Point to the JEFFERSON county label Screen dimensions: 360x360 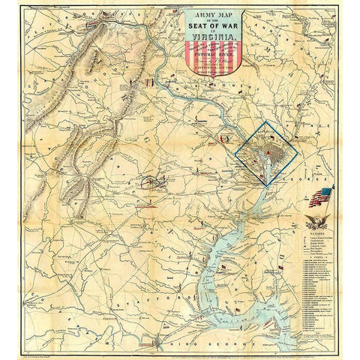(45, 30)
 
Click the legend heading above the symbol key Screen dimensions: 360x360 (315, 234)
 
